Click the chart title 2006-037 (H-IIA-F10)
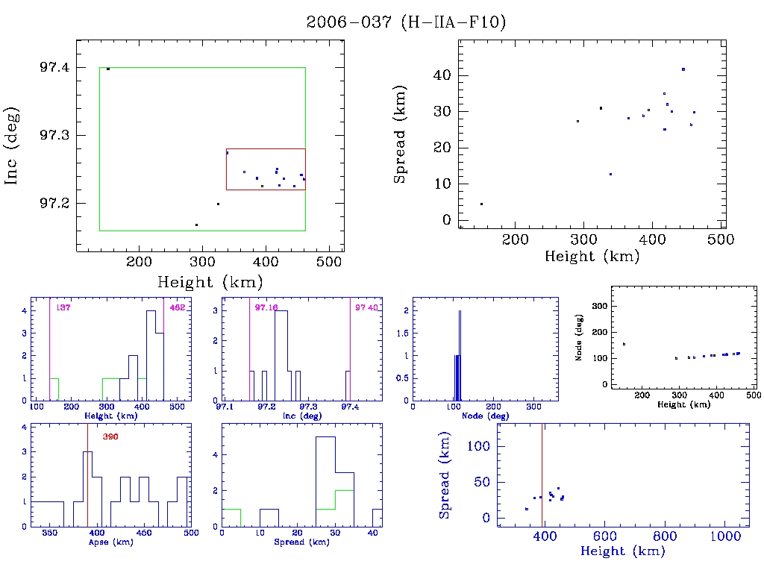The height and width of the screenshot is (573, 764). coord(406,22)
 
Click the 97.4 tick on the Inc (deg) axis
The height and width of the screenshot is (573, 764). coord(56,68)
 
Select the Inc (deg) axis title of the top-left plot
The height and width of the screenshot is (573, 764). coord(13,145)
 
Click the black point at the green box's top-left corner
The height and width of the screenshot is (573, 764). coord(108,69)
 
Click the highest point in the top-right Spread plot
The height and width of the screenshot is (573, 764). coord(683,69)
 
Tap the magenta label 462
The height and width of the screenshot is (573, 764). coord(177,307)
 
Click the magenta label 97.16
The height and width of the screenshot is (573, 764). coord(266,307)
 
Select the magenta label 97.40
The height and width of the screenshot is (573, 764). coord(366,307)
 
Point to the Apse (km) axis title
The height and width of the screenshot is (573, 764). coord(110,542)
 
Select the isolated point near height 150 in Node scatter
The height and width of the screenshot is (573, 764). coord(624,344)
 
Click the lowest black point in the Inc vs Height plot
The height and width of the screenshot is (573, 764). coord(196,225)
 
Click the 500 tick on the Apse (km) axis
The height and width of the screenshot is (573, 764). coord(190,533)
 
